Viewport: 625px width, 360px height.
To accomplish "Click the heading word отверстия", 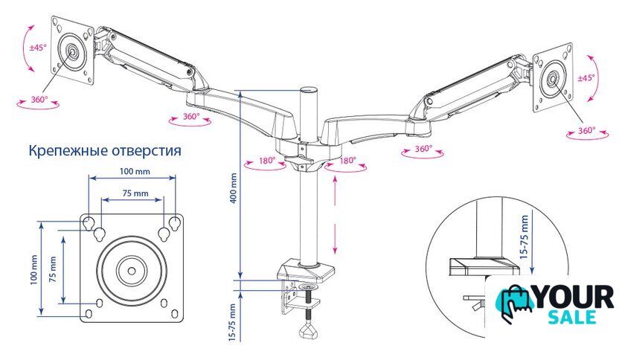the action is (147, 151).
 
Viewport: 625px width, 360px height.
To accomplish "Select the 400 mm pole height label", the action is (234, 187).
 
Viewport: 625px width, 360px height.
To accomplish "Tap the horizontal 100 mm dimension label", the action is (135, 171).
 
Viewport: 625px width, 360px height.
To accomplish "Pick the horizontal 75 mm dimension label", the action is (135, 193).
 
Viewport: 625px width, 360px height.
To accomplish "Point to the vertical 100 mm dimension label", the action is (34, 269).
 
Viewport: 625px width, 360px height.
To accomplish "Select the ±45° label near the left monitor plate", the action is (38, 48).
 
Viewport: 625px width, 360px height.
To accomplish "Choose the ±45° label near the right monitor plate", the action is (586, 78).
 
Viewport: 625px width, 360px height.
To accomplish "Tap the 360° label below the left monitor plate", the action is (39, 99).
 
